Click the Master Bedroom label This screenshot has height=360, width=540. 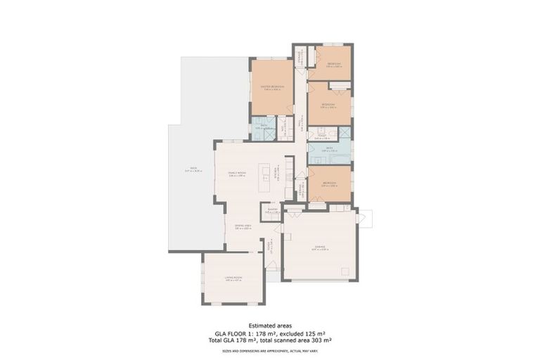click(x=272, y=87)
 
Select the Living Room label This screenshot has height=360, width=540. click(x=233, y=279)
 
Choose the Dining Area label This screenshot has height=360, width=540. click(x=243, y=226)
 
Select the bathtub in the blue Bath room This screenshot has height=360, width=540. click(x=345, y=133)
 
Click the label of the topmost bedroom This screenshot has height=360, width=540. click(x=334, y=65)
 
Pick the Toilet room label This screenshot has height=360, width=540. click(x=321, y=137)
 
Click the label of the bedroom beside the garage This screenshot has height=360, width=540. click(x=329, y=184)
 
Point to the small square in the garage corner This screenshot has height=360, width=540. click(x=344, y=271)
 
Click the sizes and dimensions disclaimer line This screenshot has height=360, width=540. click(x=270, y=347)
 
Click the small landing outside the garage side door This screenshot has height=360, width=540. click(x=367, y=218)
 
